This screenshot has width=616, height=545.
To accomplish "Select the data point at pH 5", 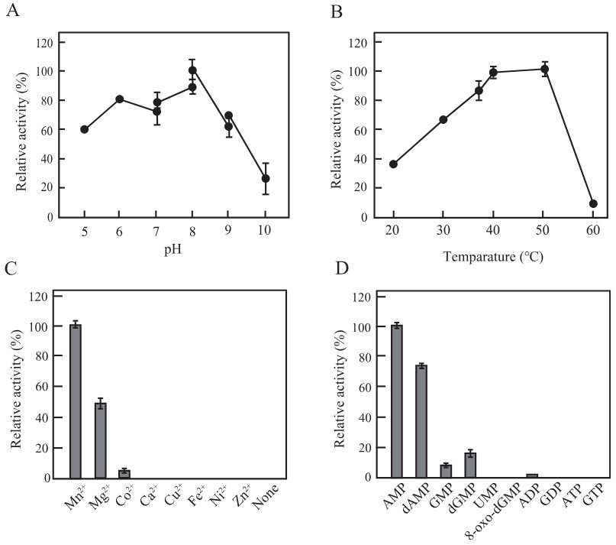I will click(x=84, y=129).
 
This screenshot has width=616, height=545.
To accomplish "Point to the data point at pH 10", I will click(x=266, y=178).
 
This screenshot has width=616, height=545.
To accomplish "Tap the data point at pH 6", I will click(x=120, y=99).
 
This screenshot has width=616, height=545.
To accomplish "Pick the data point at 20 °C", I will click(x=393, y=164).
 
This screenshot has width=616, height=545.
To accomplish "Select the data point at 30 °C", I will click(x=443, y=119).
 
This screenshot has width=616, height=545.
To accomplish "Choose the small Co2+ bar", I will click(x=124, y=474).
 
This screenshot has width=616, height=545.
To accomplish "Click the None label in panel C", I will click(x=268, y=496).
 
